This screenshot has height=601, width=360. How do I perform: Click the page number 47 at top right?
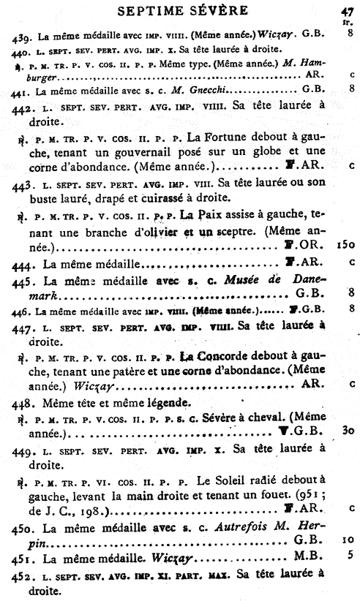click(347, 10)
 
